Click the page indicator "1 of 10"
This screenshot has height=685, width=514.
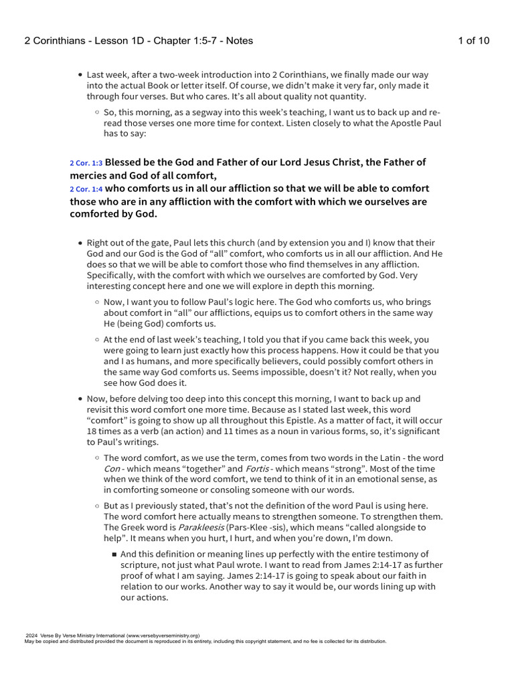coord(473,41)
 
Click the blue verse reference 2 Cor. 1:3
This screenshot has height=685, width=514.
coord(86,163)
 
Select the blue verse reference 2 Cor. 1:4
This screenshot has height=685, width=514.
coord(86,189)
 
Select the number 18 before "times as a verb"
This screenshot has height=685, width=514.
coord(92,431)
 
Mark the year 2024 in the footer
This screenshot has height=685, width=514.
coord(31,635)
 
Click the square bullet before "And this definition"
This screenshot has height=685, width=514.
coord(114,554)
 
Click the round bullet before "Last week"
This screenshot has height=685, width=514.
coord(80,75)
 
